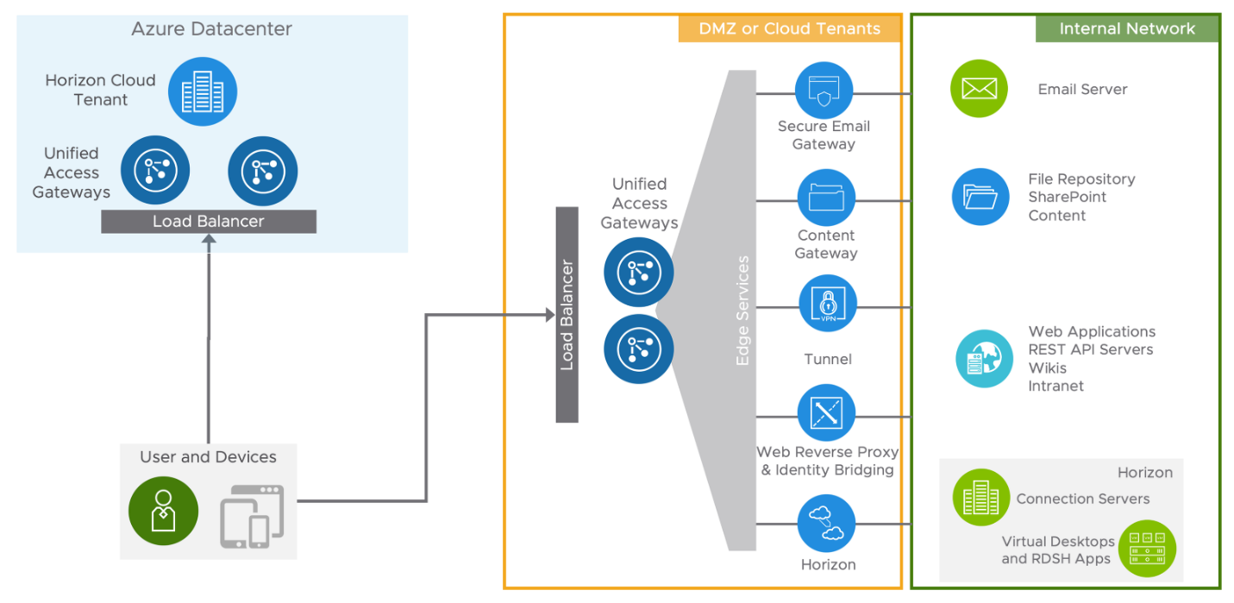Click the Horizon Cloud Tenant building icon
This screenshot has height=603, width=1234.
pos(203,91)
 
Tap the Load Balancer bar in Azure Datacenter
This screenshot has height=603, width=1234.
pos(209,222)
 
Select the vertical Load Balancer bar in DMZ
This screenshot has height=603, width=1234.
pos(567,315)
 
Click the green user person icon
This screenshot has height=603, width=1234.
pos(163,512)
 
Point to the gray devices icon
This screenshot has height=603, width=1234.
pos(252,516)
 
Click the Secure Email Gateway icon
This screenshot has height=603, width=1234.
pos(825,91)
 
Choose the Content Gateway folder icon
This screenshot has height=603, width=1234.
pos(825,198)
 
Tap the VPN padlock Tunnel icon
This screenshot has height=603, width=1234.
pos(827,305)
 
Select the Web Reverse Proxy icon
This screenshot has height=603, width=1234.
pos(826,413)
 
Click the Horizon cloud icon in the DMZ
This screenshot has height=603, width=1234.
pos(825,524)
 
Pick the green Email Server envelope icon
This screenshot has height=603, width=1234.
pos(979,89)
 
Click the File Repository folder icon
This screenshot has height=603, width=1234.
pos(980,197)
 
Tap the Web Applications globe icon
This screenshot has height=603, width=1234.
pos(985,358)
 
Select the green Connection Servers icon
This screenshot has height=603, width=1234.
pos(980,498)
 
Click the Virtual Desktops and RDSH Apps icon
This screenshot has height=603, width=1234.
pos(1147,548)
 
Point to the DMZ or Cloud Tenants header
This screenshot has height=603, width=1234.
pos(790,28)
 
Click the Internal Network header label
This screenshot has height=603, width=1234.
pos(1126,28)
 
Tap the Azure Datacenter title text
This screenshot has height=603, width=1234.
pos(211,29)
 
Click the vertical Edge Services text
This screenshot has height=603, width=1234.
pos(742,311)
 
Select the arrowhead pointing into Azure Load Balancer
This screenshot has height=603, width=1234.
pos(209,240)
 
